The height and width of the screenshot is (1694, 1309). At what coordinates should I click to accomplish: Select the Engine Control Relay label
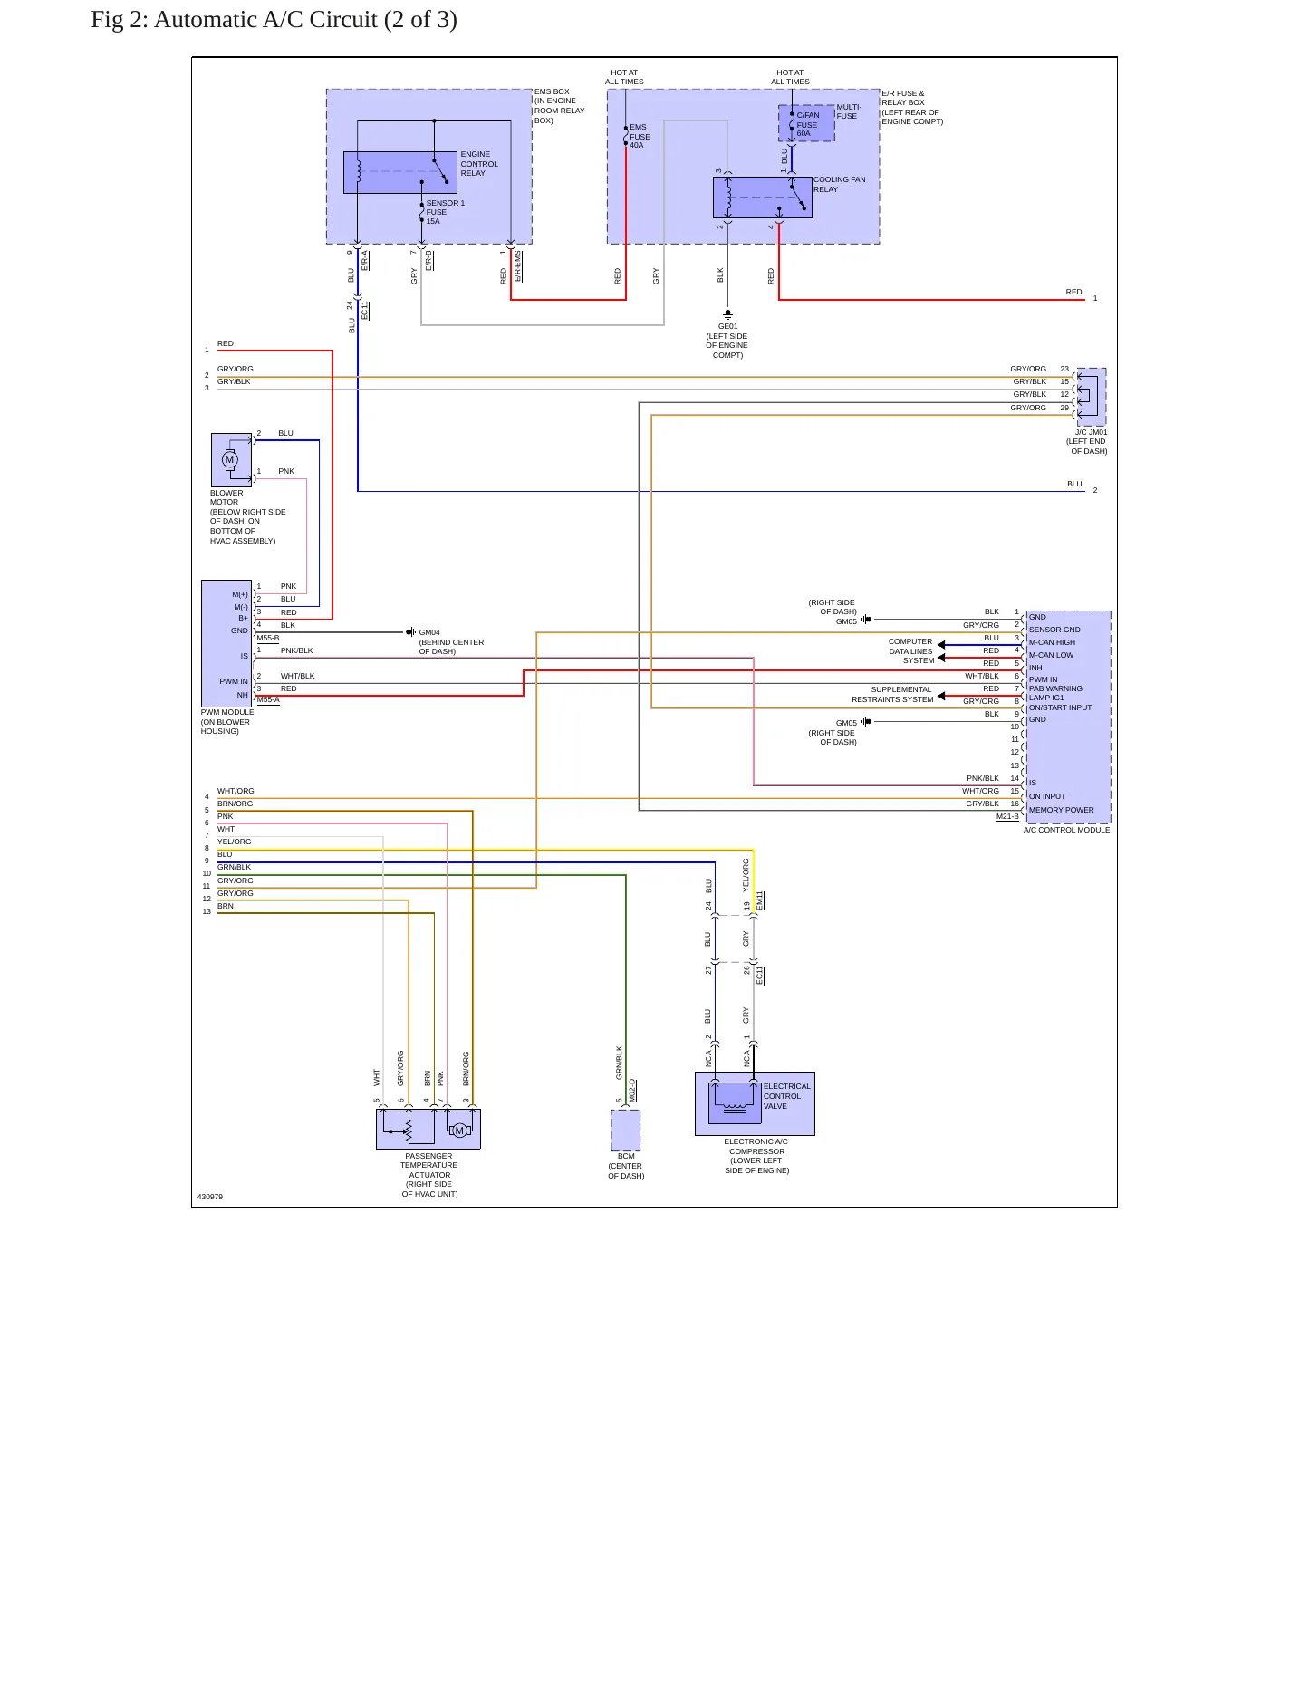point(479,164)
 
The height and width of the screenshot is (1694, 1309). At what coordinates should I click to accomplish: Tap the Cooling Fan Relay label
point(839,185)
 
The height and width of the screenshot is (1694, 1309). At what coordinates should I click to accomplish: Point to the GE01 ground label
point(727,326)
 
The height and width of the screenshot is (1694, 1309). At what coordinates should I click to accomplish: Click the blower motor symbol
point(230,459)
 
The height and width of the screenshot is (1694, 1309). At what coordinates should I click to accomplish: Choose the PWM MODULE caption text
point(227,712)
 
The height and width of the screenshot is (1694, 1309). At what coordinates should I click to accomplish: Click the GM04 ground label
point(429,632)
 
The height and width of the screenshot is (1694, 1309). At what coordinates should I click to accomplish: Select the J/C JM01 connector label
point(1091,432)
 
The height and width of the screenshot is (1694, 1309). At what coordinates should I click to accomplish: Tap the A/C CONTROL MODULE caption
point(1066,830)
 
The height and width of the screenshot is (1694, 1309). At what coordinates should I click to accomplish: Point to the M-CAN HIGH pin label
point(1052,642)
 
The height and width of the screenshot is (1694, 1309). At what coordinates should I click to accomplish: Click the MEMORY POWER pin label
point(1061,810)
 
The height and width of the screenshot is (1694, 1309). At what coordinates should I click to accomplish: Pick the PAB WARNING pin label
point(1055,688)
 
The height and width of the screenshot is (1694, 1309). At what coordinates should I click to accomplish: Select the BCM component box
point(626,1131)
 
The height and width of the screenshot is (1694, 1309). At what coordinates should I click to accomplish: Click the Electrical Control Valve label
point(786,1096)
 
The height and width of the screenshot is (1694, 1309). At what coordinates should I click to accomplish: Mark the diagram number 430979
point(210,1197)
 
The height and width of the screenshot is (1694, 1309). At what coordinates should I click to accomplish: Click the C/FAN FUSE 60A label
point(807,124)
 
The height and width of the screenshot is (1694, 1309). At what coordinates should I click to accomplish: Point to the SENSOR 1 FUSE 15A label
point(445,212)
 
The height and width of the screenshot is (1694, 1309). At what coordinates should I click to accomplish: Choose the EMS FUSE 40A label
point(640,136)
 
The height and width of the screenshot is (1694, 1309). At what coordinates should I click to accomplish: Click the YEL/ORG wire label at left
point(235,842)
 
